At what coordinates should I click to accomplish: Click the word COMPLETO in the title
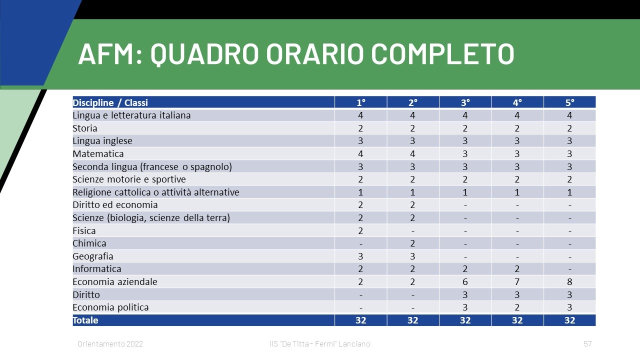pos(442,53)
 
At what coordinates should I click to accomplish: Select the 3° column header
pos(465,102)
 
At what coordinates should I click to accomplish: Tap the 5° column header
pos(569,102)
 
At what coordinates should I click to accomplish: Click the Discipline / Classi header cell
pos(110,102)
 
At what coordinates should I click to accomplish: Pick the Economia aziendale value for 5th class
pos(569,281)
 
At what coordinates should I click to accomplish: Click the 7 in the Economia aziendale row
pos(517,281)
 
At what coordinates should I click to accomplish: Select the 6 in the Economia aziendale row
pos(465,281)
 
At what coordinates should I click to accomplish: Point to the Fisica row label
pos(84,230)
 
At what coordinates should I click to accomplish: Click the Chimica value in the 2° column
pos(412,243)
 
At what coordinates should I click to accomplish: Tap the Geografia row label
pos(93,256)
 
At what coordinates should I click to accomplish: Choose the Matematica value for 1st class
pos(360,153)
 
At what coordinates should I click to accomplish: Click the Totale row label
pos(85,320)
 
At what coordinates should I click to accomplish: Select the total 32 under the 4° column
pos(517,320)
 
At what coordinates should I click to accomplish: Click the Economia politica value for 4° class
pos(517,307)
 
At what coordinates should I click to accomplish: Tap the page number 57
pos(587,343)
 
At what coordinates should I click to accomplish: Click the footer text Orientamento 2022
pos(110,343)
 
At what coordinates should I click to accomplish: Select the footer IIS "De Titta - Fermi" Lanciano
pos(319,343)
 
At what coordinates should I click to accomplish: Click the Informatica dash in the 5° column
pos(569,269)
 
